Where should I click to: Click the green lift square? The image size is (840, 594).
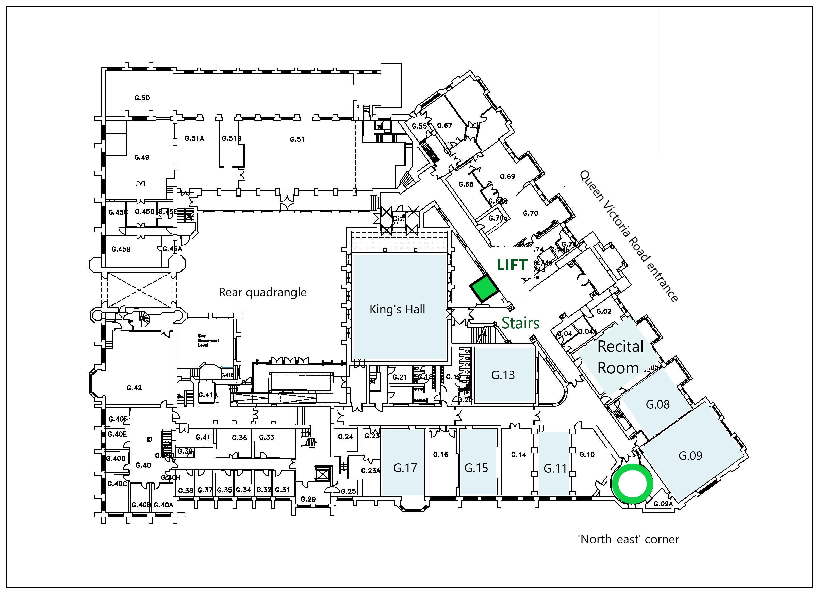(x=485, y=288)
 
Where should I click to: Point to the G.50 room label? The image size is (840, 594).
(x=142, y=98)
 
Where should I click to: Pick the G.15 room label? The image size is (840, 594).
(x=476, y=468)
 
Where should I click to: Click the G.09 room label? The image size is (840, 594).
(x=690, y=456)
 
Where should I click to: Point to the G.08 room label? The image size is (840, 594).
(x=657, y=404)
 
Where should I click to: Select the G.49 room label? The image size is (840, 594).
(x=142, y=157)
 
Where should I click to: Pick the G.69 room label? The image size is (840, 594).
(x=507, y=176)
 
